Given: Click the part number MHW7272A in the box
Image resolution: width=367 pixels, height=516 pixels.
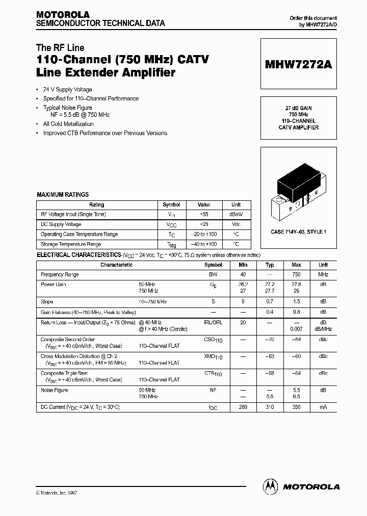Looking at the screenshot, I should [298, 65].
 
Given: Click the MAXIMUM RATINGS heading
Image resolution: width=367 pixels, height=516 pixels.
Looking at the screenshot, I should [63, 195].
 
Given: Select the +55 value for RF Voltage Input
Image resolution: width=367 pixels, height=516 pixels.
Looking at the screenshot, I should [204, 215].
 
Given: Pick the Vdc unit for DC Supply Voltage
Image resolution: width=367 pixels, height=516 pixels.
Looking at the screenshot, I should [236, 224].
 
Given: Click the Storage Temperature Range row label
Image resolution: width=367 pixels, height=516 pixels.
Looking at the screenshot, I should [71, 244].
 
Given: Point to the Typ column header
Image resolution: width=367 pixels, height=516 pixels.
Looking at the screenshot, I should [270, 265].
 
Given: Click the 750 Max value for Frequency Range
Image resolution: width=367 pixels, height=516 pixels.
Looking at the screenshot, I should [297, 275].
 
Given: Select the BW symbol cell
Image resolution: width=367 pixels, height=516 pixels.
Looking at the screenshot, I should [213, 275].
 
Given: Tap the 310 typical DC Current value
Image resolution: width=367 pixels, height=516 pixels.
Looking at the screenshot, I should [270, 407].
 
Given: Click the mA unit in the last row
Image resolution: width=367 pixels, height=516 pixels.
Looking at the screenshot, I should [323, 407].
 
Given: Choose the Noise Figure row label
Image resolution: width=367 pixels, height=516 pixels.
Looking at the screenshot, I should [54, 390].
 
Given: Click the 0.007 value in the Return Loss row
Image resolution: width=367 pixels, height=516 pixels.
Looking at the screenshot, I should [297, 329].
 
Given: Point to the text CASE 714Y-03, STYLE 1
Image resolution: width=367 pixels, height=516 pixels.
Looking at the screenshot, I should [298, 232].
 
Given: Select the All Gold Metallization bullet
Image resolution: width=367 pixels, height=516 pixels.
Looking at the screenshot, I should [68, 124].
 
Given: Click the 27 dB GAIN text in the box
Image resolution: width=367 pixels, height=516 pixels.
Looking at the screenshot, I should [298, 109].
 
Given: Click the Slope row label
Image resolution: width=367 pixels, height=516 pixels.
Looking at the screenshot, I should [47, 302].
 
